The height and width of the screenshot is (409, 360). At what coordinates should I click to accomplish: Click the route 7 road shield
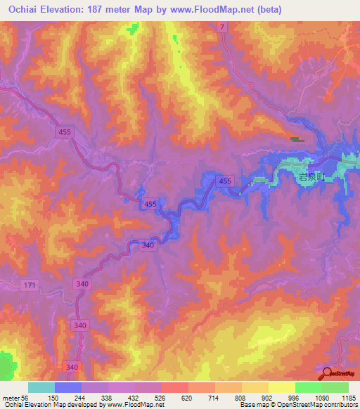[221, 27]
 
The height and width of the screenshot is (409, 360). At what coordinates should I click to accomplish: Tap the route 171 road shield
[29, 284]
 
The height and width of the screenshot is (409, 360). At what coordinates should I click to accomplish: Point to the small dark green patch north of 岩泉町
[297, 139]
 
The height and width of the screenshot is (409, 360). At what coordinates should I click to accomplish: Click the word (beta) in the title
[268, 9]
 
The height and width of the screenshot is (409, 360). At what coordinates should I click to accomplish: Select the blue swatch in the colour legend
[67, 387]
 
